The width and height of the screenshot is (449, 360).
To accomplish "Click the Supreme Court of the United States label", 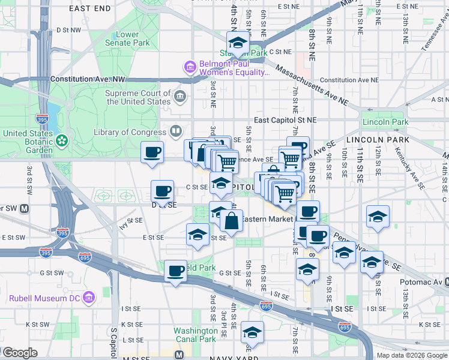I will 138,97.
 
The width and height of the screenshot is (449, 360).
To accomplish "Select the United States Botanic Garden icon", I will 61,140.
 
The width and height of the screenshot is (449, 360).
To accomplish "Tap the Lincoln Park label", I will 385,122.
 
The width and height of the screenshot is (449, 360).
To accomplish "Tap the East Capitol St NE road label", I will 285,120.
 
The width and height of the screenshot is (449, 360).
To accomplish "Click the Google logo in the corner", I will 19,353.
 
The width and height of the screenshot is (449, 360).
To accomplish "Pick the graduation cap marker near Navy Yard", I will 252,334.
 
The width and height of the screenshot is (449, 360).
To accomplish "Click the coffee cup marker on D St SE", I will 162,192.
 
